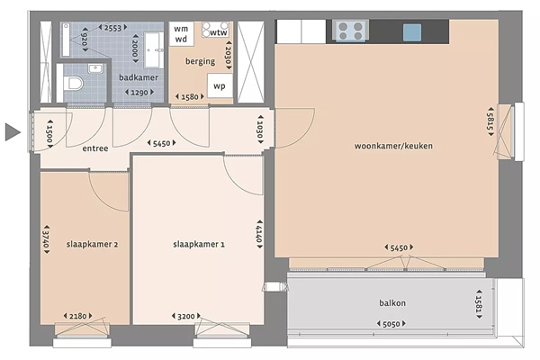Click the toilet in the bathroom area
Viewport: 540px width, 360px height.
pos(74,84)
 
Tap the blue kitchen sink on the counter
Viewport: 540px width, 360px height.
pos(412,32)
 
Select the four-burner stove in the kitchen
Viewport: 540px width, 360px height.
pos(351,31)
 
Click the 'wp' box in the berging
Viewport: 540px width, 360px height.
pos(220,85)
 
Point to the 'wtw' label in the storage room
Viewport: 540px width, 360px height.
pos(219,32)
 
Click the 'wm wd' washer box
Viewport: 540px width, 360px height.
pos(181,34)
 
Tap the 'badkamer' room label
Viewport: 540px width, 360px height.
pos(139,77)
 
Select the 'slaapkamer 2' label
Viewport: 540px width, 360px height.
pos(92,244)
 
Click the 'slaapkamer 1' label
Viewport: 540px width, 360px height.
pos(199,244)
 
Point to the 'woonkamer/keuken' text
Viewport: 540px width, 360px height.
pos(393,146)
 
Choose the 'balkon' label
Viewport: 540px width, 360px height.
pos(392,303)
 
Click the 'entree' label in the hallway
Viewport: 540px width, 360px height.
pos(95,148)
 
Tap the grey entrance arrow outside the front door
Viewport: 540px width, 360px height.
pos(13,132)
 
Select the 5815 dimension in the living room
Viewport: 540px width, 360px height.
pos(490,121)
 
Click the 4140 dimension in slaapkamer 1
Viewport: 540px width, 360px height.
pos(259,234)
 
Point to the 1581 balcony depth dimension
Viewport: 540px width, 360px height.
pos(479,303)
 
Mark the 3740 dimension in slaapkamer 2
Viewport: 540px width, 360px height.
pos(46,239)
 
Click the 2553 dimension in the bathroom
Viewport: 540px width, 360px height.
pos(113,28)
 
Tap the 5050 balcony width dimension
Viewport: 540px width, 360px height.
pos(391,324)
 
